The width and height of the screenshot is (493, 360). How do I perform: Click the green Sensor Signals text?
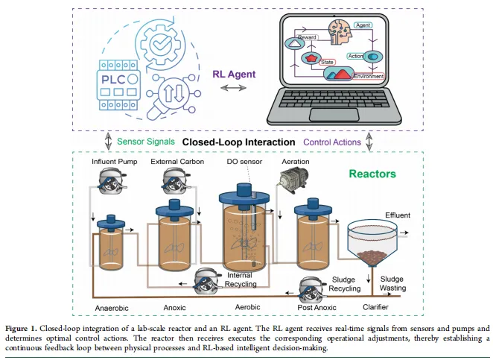(147, 141)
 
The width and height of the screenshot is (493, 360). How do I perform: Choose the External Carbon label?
(176, 162)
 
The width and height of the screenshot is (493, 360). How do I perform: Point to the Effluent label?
(398, 215)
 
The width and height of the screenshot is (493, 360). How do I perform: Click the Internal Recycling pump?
(208, 281)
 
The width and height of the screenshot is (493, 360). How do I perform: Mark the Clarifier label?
(373, 307)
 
